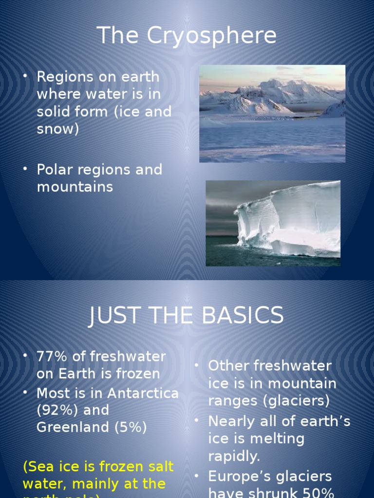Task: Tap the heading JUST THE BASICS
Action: [187, 316]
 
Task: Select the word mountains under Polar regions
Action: [75, 187]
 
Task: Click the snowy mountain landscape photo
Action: [272, 114]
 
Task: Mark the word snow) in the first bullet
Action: [57, 129]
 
